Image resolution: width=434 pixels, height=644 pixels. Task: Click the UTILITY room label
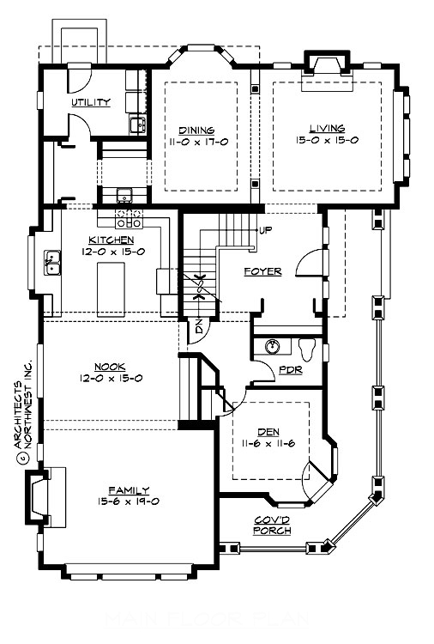click(x=91, y=103)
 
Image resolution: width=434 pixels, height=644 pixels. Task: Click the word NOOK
click(x=109, y=365)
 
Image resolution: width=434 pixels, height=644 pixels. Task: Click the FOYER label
click(x=262, y=271)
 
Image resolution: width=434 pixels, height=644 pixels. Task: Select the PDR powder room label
click(x=289, y=371)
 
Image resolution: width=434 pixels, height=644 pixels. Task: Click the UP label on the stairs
click(x=266, y=231)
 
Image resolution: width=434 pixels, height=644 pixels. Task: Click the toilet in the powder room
click(x=309, y=348)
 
